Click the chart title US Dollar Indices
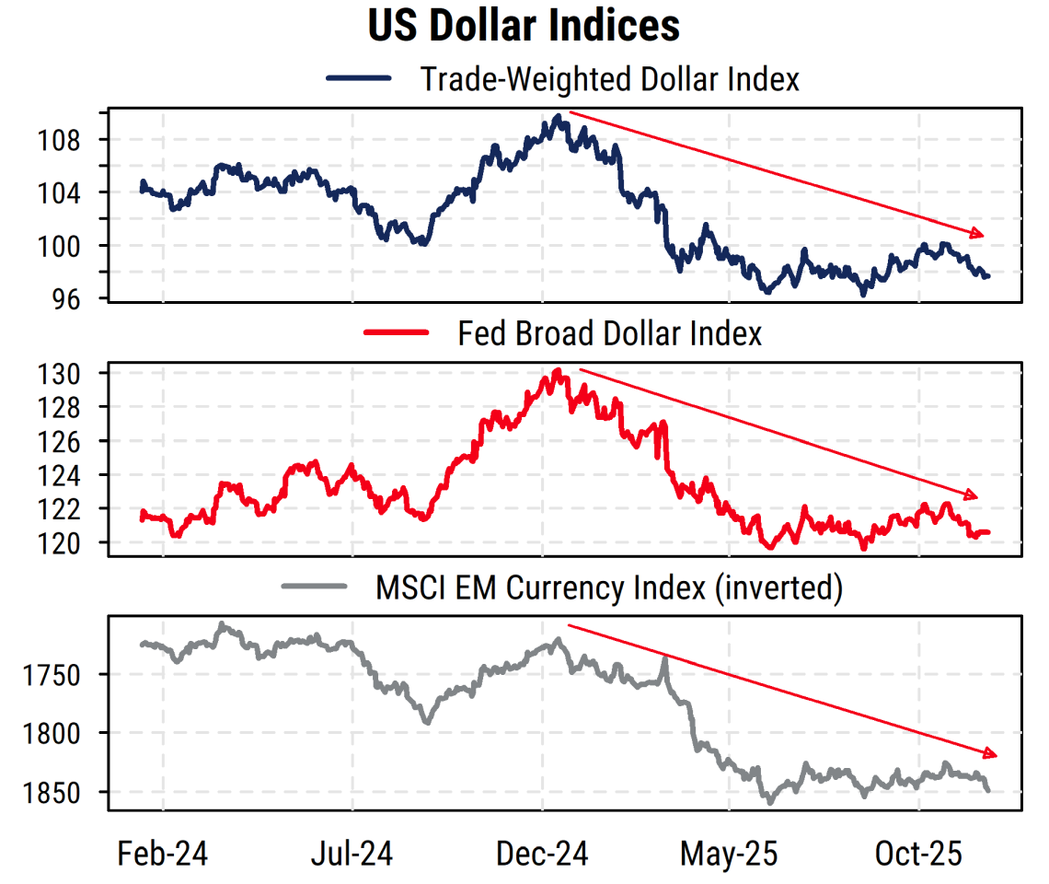[x=524, y=26]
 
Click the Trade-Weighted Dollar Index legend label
[x=609, y=79]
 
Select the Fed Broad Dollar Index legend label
[x=609, y=332]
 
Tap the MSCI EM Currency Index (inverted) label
[x=609, y=587]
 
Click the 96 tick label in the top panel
[x=75, y=299]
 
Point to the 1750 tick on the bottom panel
[x=62, y=675]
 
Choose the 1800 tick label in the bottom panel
[x=62, y=734]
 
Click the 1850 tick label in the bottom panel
[x=62, y=793]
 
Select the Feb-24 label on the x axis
[x=163, y=855]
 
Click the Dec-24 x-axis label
[x=542, y=855]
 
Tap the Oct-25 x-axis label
[x=918, y=855]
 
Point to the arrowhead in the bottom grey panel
[x=990, y=753]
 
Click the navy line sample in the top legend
[x=360, y=79]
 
